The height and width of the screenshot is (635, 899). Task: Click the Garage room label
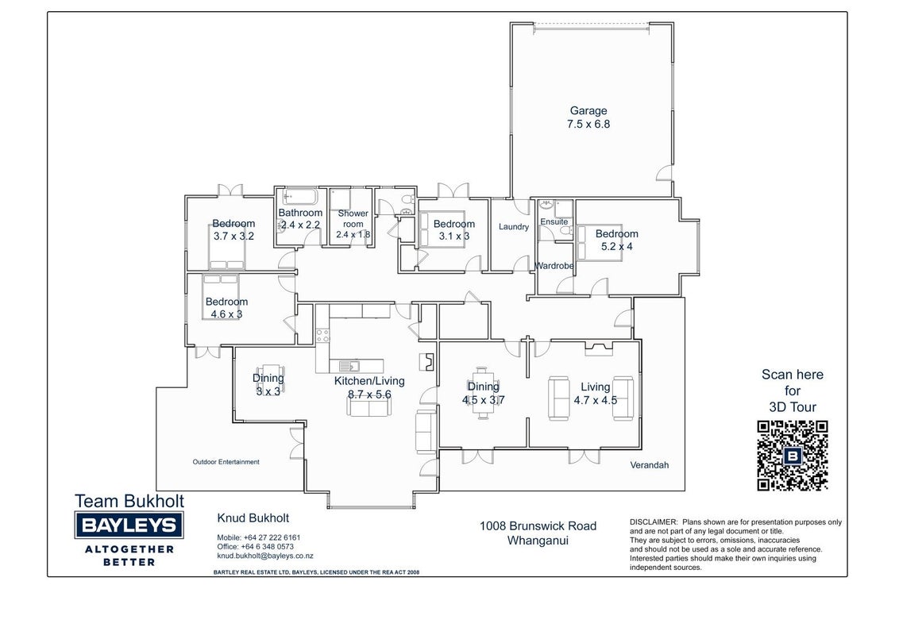coord(588,110)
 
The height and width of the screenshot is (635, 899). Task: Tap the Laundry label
coord(514,227)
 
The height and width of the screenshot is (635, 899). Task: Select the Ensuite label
coord(554,221)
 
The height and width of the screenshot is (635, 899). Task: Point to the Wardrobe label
coord(554,266)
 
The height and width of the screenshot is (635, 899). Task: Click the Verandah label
coord(650,465)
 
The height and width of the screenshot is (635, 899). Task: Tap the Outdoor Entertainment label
coord(226,462)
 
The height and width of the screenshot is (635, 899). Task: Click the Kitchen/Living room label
coord(369,381)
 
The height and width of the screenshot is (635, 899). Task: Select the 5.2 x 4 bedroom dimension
coord(617,247)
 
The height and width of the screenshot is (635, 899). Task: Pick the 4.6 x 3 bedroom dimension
coord(226,314)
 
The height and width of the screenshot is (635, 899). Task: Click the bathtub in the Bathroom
coord(299,197)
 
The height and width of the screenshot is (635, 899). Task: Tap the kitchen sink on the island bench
coord(348,366)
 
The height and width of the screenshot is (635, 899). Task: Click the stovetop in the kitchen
coord(322,335)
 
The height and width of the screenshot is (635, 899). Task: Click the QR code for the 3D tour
coord(793,456)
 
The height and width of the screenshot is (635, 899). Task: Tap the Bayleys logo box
coord(129,525)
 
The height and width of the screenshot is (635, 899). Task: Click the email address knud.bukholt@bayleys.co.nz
coord(265,556)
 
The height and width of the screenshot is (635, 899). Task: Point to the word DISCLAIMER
coord(654,522)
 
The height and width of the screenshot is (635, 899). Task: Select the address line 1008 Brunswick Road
coord(538,526)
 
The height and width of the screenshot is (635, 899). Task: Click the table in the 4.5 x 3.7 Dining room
coord(481,393)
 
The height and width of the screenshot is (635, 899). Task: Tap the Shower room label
coord(353,218)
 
